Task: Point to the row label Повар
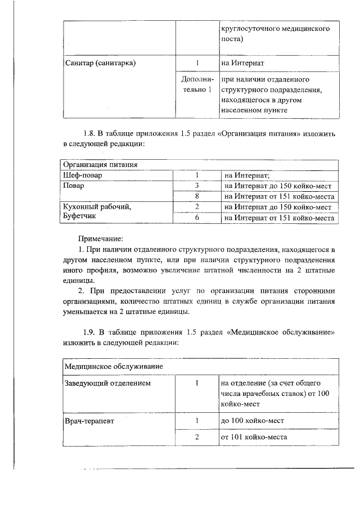tap(74, 186)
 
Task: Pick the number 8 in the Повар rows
tap(197, 197)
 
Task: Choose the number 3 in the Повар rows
tap(197, 186)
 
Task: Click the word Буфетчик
tap(82, 218)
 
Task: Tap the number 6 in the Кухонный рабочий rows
tap(197, 218)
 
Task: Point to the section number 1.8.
tap(89, 134)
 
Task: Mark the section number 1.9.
tap(89, 332)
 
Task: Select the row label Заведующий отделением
tap(109, 384)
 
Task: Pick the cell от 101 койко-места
tap(254, 437)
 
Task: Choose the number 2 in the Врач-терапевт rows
tap(197, 437)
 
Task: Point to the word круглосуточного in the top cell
tap(252, 29)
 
